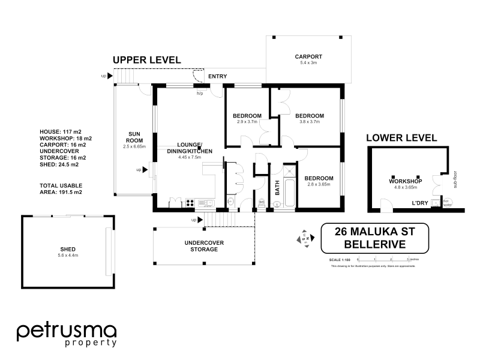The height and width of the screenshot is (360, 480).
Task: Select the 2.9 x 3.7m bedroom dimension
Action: point(247,122)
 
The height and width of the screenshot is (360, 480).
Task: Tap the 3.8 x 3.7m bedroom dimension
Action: point(310,122)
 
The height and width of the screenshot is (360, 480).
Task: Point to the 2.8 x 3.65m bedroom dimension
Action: point(318,185)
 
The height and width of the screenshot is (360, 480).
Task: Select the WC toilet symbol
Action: point(262,203)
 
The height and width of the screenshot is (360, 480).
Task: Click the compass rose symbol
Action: point(304,238)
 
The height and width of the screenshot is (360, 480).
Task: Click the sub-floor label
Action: point(455,179)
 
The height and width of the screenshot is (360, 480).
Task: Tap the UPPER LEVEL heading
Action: point(146,60)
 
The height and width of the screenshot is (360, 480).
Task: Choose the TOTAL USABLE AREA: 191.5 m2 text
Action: point(60,188)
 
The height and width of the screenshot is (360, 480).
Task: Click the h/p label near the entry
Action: point(200,94)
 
